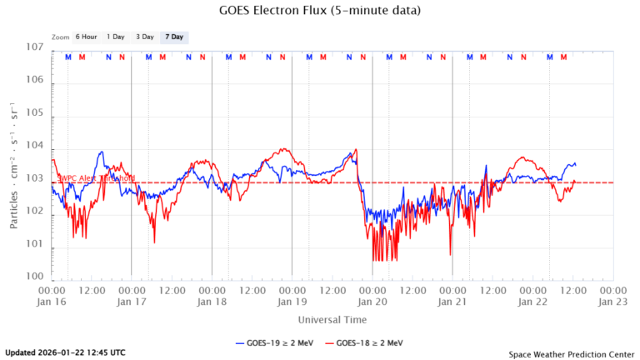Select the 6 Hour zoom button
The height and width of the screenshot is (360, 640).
(86, 37)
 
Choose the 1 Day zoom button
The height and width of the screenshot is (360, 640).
(116, 37)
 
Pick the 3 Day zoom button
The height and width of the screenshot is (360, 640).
(145, 37)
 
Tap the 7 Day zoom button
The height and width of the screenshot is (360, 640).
(174, 37)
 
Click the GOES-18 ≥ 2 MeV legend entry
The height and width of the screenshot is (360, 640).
(366, 342)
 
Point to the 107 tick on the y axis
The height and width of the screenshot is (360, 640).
(33, 47)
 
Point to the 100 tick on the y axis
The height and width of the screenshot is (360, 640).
(33, 277)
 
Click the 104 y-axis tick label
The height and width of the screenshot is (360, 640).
(33, 146)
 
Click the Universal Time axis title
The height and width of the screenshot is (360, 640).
(332, 319)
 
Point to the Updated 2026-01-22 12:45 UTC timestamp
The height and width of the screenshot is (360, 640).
(65, 352)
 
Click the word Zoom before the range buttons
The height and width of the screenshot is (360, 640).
(59, 37)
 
